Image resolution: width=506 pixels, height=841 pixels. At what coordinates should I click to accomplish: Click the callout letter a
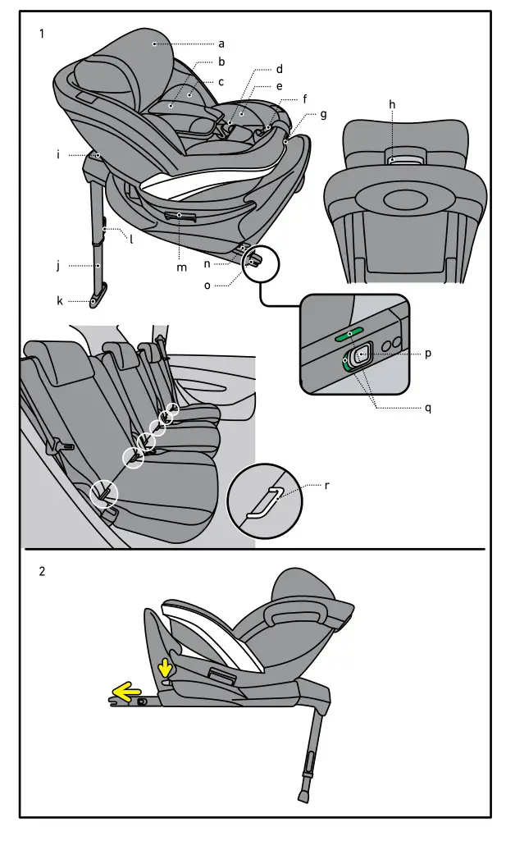pyautogui.click(x=221, y=43)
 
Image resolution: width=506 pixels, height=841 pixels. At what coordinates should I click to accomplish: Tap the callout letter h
pyautogui.click(x=392, y=104)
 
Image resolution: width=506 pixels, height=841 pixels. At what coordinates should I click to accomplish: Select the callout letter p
pyautogui.click(x=428, y=354)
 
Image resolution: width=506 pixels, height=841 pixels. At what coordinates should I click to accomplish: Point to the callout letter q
pyautogui.click(x=428, y=408)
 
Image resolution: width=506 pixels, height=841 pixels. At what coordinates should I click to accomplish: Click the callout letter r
pyautogui.click(x=327, y=486)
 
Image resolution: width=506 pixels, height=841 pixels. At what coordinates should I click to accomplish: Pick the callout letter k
pyautogui.click(x=60, y=301)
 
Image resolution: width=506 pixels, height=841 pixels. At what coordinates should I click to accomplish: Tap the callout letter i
pyautogui.click(x=59, y=153)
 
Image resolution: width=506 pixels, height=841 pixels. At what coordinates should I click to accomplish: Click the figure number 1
pyautogui.click(x=42, y=34)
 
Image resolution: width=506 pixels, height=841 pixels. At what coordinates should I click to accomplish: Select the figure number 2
pyautogui.click(x=42, y=572)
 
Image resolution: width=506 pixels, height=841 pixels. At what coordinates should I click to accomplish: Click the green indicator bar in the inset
pyautogui.click(x=349, y=335)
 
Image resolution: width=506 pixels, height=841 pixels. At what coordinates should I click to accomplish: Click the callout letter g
pyautogui.click(x=323, y=114)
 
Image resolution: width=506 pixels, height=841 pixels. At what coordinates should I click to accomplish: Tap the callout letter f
pyautogui.click(x=305, y=98)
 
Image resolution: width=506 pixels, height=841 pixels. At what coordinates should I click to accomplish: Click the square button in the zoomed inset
pyautogui.click(x=360, y=356)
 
